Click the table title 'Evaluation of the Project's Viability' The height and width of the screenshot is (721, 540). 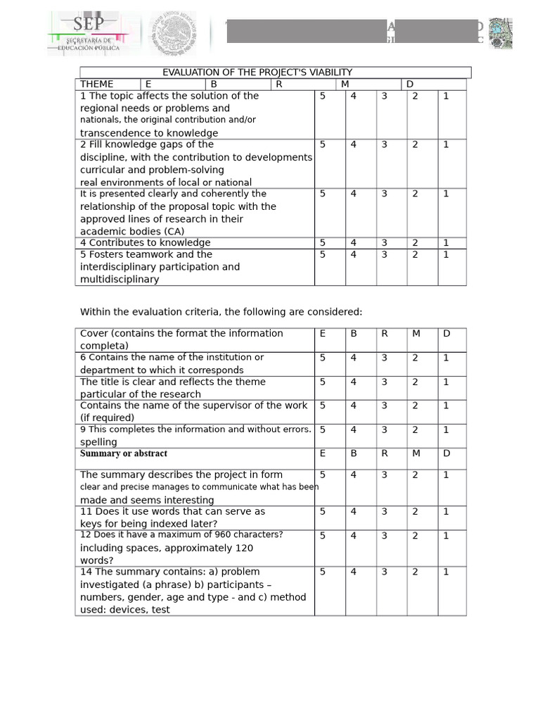tap(257, 73)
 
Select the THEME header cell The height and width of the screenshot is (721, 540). tap(97, 84)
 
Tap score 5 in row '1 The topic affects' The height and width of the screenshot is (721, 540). tap(323, 96)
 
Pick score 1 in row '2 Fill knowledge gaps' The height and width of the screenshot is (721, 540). tap(446, 145)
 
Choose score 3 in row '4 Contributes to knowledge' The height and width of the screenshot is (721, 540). tap(384, 243)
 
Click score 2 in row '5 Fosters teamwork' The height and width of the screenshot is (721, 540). tap(415, 255)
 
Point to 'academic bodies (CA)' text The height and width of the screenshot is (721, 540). tap(132, 232)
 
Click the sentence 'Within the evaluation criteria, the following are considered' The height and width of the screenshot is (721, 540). tap(221, 312)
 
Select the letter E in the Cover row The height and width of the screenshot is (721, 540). tap(323, 334)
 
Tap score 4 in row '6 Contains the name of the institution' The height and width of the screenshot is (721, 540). tap(353, 358)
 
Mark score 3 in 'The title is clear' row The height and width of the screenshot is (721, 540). tap(384, 382)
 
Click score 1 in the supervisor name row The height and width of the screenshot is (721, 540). tap(446, 406)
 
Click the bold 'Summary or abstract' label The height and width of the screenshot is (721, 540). tap(124, 454)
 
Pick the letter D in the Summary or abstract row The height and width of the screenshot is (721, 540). tap(446, 453)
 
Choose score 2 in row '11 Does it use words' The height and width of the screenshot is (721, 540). tap(415, 512)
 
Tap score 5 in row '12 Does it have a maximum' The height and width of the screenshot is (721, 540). tap(323, 536)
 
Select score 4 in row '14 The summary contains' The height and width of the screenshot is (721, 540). tap(353, 572)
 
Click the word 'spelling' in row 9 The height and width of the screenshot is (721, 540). tap(98, 442)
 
